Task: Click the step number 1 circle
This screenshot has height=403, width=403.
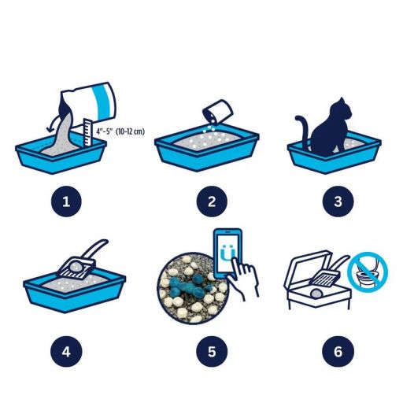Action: pyautogui.click(x=66, y=201)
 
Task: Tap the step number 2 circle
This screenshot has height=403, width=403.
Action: pyautogui.click(x=212, y=201)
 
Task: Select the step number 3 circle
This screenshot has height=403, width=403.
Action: pyautogui.click(x=338, y=201)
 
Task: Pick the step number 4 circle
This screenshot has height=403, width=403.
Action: pyautogui.click(x=66, y=351)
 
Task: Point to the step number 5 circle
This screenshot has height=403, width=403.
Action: pyautogui.click(x=212, y=351)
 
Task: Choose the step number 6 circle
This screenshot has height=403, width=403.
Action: pyautogui.click(x=338, y=351)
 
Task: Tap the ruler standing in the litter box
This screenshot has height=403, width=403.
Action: pyautogui.click(x=87, y=132)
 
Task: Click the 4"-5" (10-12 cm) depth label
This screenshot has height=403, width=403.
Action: pyautogui.click(x=120, y=131)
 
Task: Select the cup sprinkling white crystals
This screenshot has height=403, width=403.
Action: pyautogui.click(x=218, y=112)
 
